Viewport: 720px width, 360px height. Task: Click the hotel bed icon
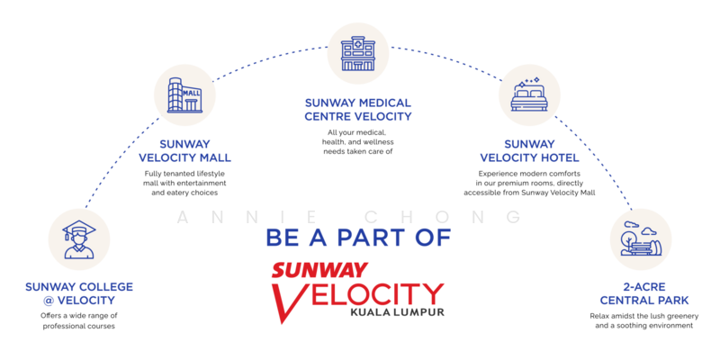[529, 95]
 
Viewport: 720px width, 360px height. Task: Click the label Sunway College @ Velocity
[79, 293]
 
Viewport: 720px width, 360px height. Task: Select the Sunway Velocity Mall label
[185, 150]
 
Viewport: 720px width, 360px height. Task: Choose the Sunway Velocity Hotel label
[529, 150]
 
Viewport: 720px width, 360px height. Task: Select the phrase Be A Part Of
[358, 238]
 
